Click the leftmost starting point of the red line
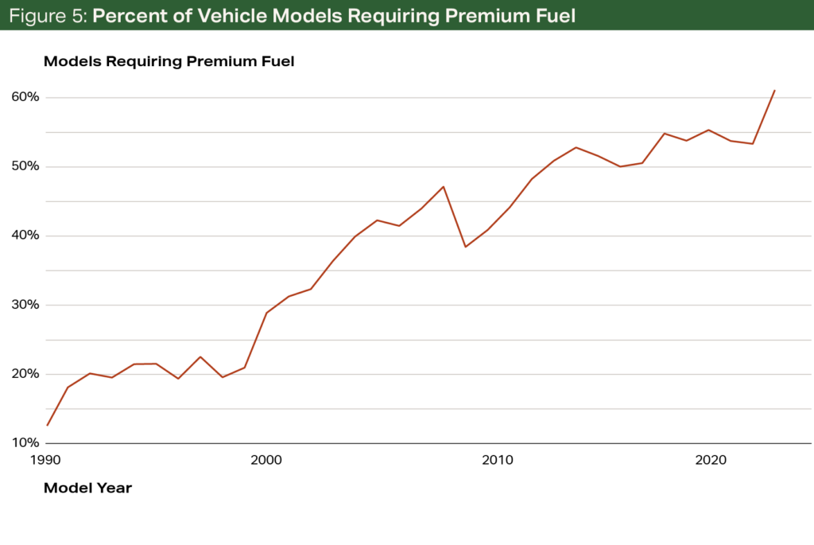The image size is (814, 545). coord(48,425)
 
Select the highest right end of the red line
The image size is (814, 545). coord(775,90)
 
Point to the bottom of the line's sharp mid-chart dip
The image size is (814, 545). coord(466,247)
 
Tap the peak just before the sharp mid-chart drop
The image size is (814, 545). coord(444,186)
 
